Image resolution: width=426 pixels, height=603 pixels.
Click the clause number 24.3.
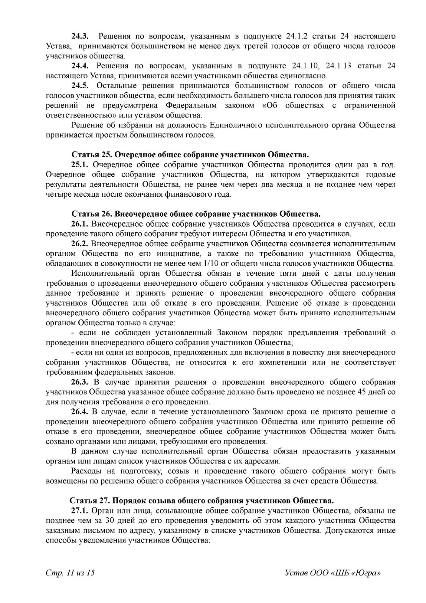click(x=80, y=36)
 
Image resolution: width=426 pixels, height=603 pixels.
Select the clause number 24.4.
click(x=80, y=66)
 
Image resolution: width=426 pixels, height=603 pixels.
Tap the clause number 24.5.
click(x=80, y=86)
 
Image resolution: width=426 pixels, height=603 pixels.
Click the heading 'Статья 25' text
click(x=190, y=155)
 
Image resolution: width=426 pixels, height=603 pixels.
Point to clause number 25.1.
click(x=80, y=165)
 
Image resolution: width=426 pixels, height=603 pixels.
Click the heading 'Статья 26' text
click(x=196, y=214)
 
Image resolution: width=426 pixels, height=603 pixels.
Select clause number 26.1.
click(x=80, y=224)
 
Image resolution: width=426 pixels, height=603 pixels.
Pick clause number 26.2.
click(x=80, y=244)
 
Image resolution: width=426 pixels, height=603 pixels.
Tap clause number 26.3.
click(x=80, y=382)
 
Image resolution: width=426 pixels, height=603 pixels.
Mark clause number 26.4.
click(x=80, y=412)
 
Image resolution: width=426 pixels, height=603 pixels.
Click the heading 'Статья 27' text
click(x=201, y=501)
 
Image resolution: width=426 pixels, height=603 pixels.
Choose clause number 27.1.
click(x=80, y=511)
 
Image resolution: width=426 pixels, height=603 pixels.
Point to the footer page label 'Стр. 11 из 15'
click(x=70, y=573)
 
